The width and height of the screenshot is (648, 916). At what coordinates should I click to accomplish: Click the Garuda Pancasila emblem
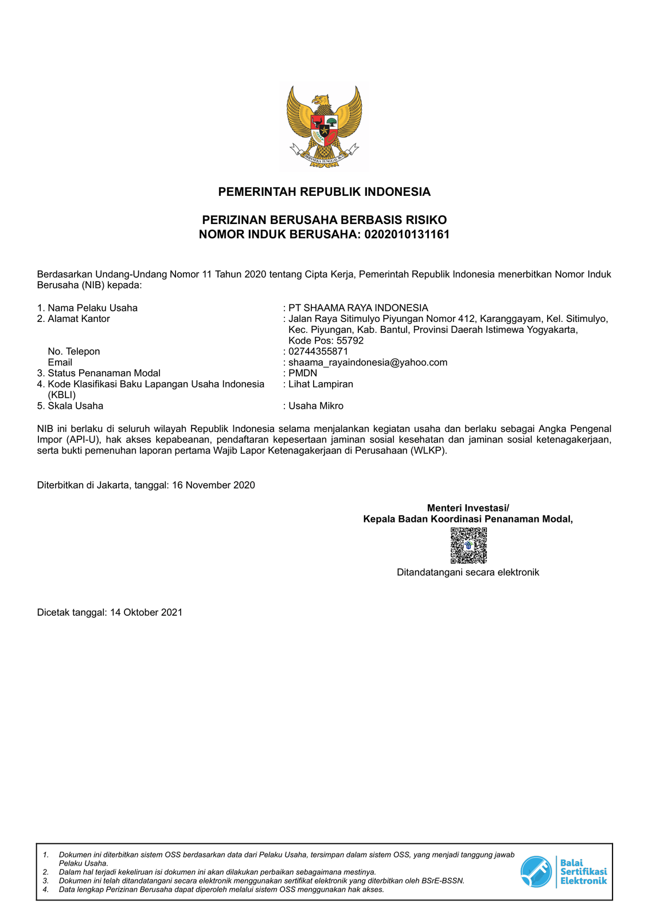[x=324, y=127]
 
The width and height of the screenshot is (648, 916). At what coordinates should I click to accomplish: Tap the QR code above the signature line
[x=469, y=545]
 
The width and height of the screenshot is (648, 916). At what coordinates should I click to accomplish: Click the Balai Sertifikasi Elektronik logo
[x=564, y=871]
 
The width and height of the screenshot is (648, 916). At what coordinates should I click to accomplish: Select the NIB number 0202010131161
[x=407, y=234]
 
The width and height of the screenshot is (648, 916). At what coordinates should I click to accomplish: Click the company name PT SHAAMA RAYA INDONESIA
[x=358, y=308]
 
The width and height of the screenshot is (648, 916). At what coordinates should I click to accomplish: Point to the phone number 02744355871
[x=318, y=351]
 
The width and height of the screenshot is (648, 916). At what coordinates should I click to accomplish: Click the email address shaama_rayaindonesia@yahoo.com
[x=368, y=363]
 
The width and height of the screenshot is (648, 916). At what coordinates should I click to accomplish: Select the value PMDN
[x=303, y=374]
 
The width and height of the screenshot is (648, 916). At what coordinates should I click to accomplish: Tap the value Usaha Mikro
[x=316, y=406]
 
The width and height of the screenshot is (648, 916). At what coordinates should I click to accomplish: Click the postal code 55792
[x=350, y=341]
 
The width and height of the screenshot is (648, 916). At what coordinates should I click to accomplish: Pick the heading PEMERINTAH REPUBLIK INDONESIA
[x=324, y=192]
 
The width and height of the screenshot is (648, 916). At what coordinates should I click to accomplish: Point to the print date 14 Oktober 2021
[x=146, y=612]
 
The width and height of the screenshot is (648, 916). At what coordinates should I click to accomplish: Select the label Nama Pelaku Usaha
[x=92, y=308]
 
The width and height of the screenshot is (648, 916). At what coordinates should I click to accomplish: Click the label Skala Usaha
[x=75, y=406]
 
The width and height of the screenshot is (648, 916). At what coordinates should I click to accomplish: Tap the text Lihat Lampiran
[x=321, y=384]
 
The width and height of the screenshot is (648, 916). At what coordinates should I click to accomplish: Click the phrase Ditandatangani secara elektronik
[x=468, y=572]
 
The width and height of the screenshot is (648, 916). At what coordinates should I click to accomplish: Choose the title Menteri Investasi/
[x=468, y=508]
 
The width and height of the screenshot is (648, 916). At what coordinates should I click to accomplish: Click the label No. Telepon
[x=74, y=352]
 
